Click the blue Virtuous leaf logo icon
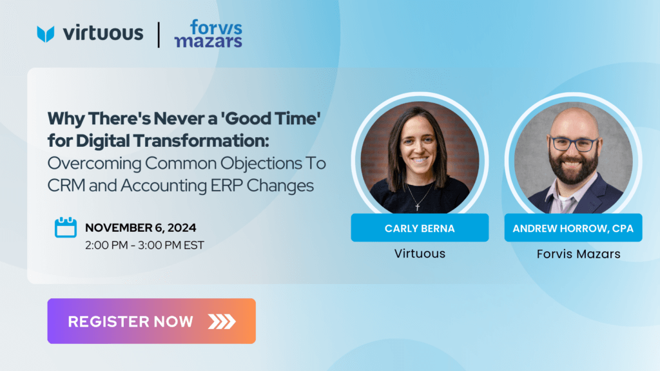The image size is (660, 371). point(46,33)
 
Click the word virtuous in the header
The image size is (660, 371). point(103,33)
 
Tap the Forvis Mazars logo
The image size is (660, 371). point(208,33)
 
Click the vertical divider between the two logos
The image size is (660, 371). point(159,35)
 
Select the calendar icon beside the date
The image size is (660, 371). point(66,227)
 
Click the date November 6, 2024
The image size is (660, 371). point(141,227)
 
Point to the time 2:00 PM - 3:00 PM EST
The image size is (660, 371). point(144,245)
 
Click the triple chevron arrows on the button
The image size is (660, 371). point(222,321)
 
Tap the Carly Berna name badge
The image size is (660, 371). point(420,228)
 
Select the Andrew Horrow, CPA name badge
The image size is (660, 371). point(573,228)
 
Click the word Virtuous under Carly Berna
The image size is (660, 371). point(420,254)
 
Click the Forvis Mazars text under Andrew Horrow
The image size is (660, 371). point(578,254)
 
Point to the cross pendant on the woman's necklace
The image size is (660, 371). point(418,206)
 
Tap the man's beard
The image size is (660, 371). point(574,168)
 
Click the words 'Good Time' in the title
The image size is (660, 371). point(271,119)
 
